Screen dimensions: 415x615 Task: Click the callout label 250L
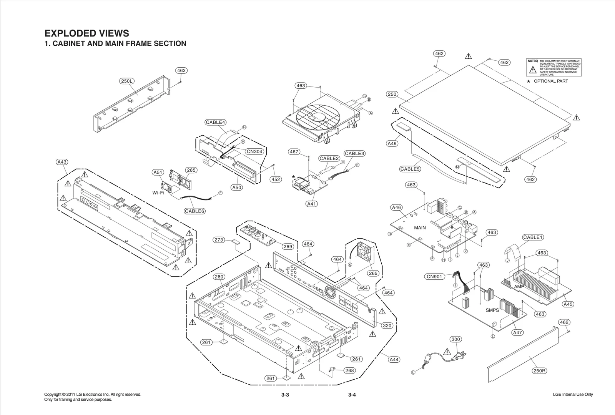[127, 81]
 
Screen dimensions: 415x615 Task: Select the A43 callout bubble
[62, 162]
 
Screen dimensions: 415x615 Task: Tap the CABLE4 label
[215, 122]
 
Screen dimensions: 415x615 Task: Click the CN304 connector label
[254, 151]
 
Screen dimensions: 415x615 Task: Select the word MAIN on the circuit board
[420, 227]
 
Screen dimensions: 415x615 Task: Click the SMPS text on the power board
[492, 310]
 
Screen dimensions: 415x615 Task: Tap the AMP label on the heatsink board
[519, 287]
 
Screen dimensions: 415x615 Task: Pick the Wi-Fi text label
[158, 193]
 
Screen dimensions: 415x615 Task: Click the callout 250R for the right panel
[539, 371]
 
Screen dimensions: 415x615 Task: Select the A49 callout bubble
[392, 143]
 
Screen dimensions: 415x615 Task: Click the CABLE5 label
[410, 169]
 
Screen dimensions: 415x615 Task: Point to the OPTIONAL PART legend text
[550, 81]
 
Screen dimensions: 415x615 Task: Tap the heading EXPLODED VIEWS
[87, 33]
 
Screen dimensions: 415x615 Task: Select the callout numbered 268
[349, 370]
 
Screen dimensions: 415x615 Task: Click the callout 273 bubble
[219, 240]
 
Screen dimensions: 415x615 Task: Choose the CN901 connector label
[434, 276]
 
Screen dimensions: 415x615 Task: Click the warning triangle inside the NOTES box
[533, 70]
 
